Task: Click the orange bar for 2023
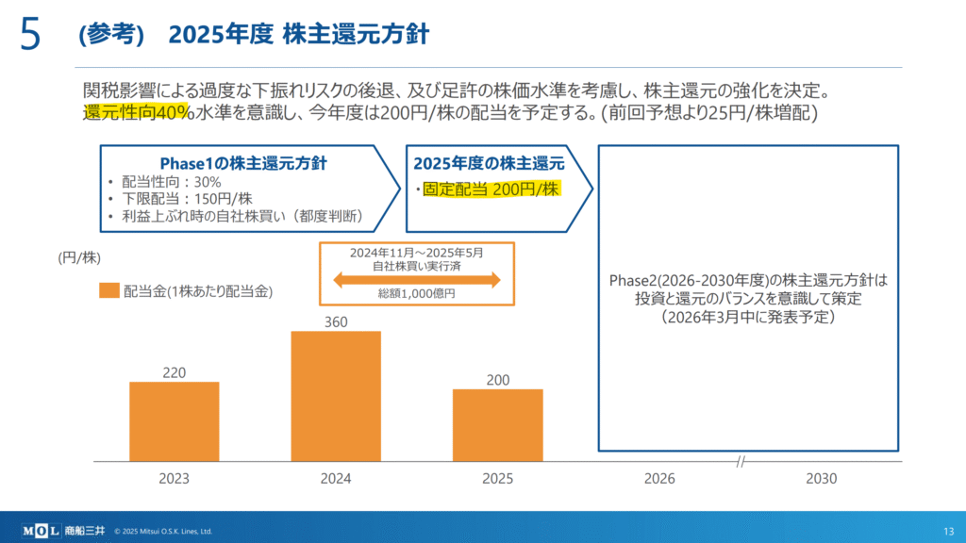click(175, 421)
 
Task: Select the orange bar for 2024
click(336, 396)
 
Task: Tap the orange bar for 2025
click(497, 425)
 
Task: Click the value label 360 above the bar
click(336, 322)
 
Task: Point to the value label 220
click(175, 372)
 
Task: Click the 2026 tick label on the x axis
click(659, 479)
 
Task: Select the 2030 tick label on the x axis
click(821, 479)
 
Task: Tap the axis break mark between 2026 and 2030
click(741, 462)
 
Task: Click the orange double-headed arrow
click(416, 279)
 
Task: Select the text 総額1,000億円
click(416, 293)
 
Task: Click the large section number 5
click(29, 34)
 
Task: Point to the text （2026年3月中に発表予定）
click(749, 318)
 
